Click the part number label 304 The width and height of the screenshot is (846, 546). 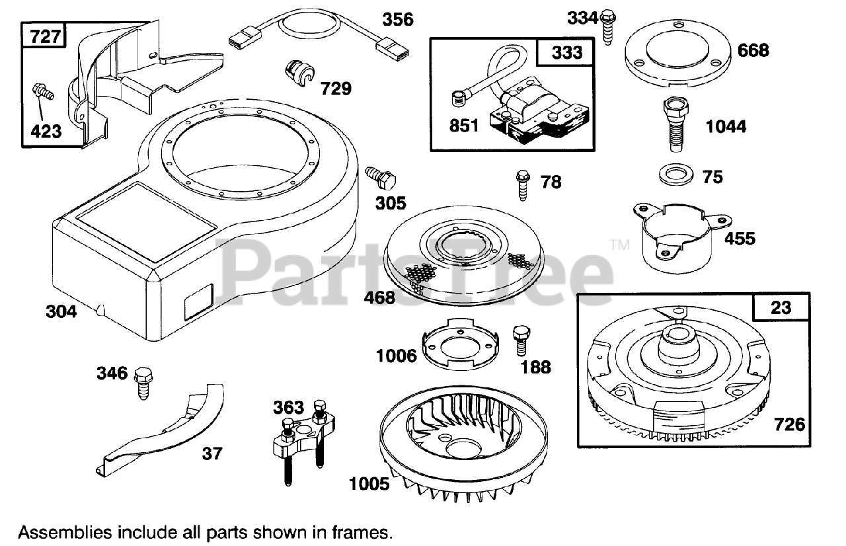click(x=61, y=311)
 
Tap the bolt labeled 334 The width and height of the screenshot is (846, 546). click(x=609, y=28)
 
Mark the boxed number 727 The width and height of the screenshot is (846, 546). click(x=44, y=36)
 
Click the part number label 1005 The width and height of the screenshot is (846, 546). click(x=369, y=484)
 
